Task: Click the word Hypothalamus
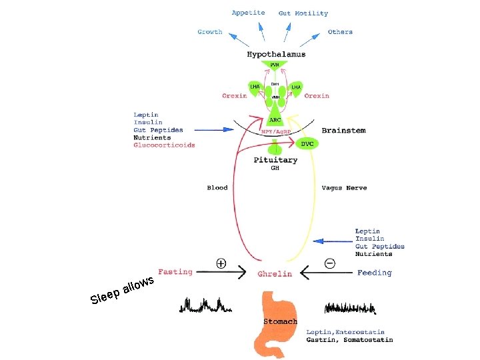click(x=275, y=53)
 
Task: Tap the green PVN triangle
click(x=275, y=65)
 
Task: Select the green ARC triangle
click(x=275, y=119)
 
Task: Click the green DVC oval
click(x=307, y=143)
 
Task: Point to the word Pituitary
click(x=275, y=160)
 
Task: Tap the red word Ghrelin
click(x=275, y=274)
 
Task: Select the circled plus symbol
click(x=221, y=264)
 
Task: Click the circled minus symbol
click(x=329, y=264)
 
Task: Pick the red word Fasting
click(x=175, y=272)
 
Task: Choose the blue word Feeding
click(x=375, y=273)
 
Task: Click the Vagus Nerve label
click(x=344, y=188)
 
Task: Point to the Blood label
click(x=217, y=188)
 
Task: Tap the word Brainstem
click(x=343, y=131)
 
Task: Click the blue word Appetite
click(x=249, y=13)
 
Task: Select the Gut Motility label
click(x=303, y=13)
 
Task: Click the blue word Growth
click(x=210, y=32)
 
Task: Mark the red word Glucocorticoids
click(x=164, y=145)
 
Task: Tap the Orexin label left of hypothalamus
click(x=234, y=96)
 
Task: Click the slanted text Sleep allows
click(x=123, y=289)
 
